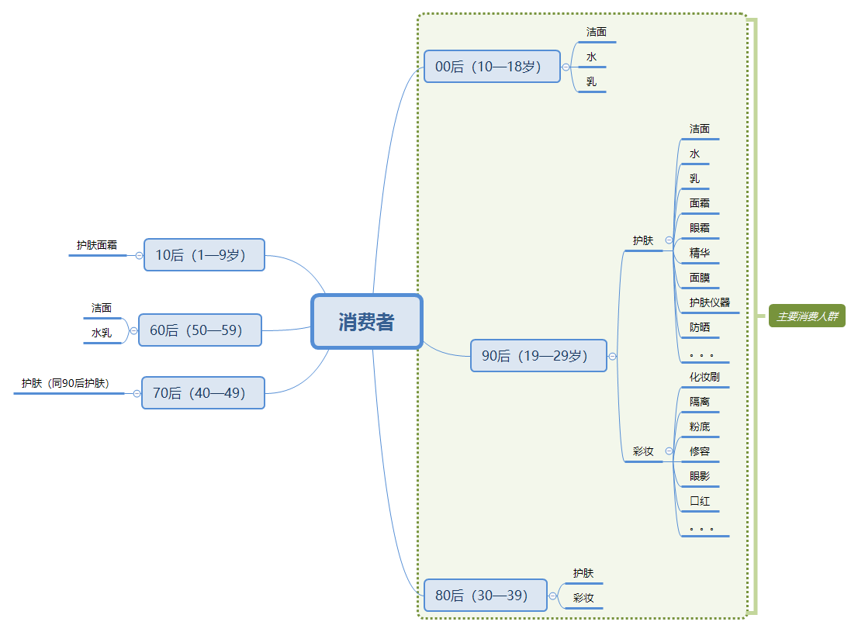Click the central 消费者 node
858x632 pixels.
click(x=366, y=322)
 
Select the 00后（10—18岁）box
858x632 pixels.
click(x=492, y=67)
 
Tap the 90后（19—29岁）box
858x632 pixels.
click(x=538, y=356)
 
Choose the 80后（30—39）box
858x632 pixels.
click(x=485, y=596)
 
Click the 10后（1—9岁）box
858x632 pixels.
click(x=204, y=255)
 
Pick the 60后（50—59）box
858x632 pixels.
click(x=199, y=330)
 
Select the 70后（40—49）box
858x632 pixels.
click(x=202, y=393)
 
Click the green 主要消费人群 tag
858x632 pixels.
click(x=807, y=316)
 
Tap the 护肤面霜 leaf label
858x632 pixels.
click(x=97, y=245)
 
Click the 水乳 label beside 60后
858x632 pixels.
click(x=102, y=333)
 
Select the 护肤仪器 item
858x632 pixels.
click(x=710, y=302)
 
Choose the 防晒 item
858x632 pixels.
click(x=700, y=327)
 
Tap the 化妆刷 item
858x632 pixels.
click(x=705, y=377)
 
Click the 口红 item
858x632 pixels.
click(x=700, y=501)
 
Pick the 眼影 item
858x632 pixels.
click(x=700, y=476)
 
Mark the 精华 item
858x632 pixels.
click(x=700, y=253)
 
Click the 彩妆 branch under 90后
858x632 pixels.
click(x=643, y=451)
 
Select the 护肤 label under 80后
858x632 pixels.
click(x=583, y=574)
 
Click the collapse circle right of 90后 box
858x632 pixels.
click(x=613, y=357)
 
